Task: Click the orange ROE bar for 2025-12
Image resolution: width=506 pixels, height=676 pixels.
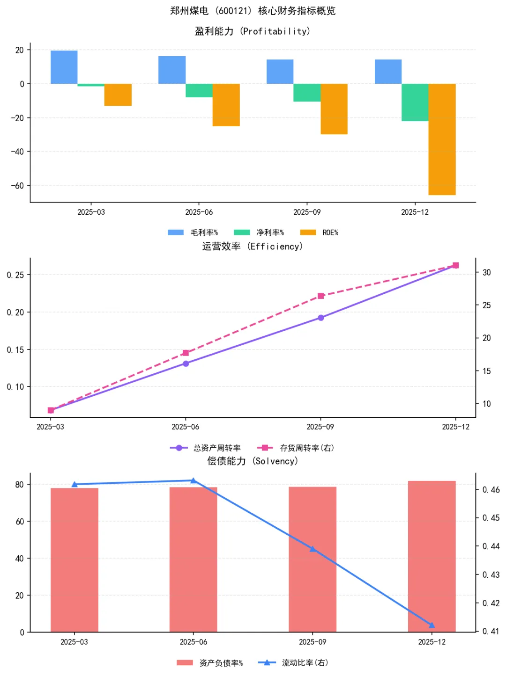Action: pyautogui.click(x=442, y=139)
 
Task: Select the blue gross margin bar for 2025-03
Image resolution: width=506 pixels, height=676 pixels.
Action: pyautogui.click(x=64, y=67)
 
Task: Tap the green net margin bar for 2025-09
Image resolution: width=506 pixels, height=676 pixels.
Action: pyautogui.click(x=307, y=93)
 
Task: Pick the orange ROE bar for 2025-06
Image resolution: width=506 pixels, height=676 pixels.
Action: pyautogui.click(x=226, y=105)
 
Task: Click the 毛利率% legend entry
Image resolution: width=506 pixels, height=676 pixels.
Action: pyautogui.click(x=193, y=233)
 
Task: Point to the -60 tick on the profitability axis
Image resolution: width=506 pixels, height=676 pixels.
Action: pyautogui.click(x=18, y=186)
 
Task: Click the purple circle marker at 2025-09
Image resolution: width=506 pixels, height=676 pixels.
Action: pyautogui.click(x=321, y=318)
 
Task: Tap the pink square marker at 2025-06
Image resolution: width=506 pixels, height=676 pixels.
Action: pyautogui.click(x=186, y=353)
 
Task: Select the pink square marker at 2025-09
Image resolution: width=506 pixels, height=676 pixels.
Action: pyautogui.click(x=321, y=296)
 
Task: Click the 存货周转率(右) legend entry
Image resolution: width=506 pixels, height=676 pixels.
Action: pyautogui.click(x=296, y=448)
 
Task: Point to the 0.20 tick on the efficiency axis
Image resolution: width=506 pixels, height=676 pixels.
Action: pyautogui.click(x=15, y=312)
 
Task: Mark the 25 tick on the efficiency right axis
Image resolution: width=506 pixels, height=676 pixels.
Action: pyautogui.click(x=487, y=305)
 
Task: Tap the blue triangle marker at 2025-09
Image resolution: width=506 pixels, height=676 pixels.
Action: pyautogui.click(x=313, y=549)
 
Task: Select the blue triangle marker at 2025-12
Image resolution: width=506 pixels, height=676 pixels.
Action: pyautogui.click(x=432, y=625)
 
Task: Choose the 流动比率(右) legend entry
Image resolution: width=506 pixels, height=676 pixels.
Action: pyautogui.click(x=293, y=662)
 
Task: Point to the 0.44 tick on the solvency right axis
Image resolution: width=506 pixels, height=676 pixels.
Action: pyautogui.click(x=491, y=546)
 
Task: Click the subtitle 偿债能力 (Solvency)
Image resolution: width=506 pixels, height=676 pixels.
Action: pyautogui.click(x=253, y=461)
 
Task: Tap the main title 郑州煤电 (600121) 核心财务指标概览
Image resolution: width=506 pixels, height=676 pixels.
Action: pyautogui.click(x=253, y=11)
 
